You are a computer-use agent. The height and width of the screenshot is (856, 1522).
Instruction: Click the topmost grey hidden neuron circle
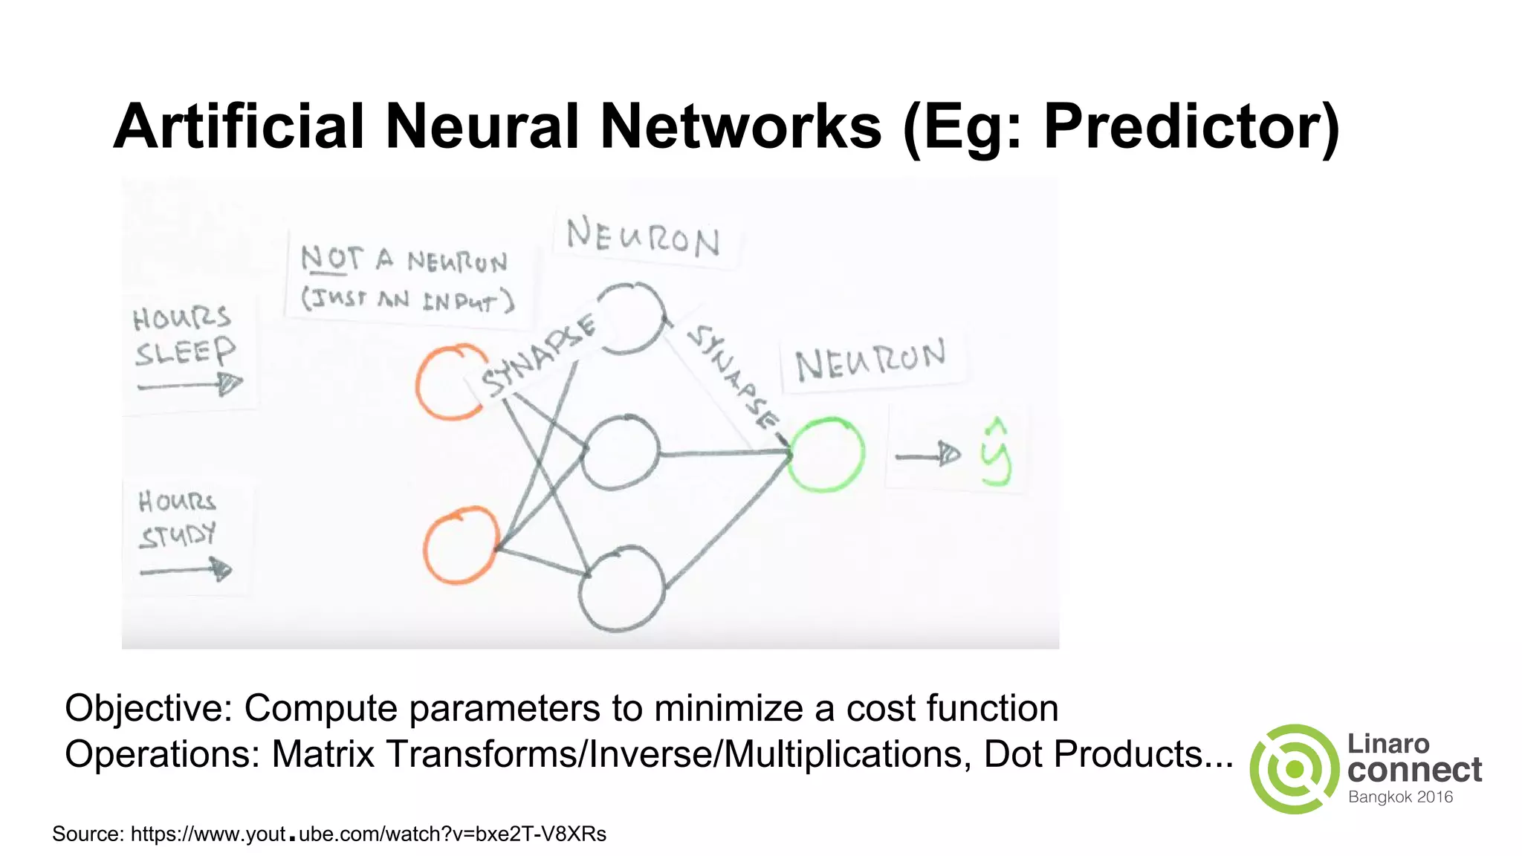(x=630, y=318)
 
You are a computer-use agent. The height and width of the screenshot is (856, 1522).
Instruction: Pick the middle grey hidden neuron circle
(x=621, y=453)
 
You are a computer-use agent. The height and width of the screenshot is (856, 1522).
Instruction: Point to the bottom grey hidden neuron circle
(x=622, y=588)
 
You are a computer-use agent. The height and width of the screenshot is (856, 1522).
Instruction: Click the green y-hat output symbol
(x=996, y=453)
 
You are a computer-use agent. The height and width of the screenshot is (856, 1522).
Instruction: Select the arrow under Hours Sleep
(x=190, y=385)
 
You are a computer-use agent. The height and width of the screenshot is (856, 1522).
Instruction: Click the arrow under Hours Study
(x=186, y=570)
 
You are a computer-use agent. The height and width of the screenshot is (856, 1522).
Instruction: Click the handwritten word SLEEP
(x=185, y=351)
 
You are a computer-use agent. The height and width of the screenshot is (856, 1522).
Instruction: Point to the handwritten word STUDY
(x=178, y=536)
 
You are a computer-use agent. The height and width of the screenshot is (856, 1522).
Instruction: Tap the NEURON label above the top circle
(x=643, y=238)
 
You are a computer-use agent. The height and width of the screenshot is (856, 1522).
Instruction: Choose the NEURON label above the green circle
(x=870, y=360)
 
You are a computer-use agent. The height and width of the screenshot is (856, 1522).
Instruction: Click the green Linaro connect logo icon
(x=1294, y=769)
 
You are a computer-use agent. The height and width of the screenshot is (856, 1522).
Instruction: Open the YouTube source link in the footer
(x=369, y=834)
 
